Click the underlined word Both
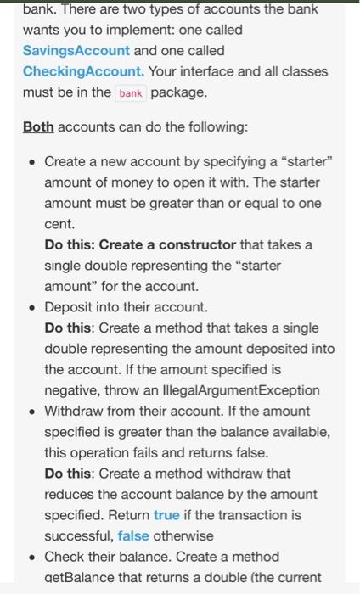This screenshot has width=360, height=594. click(38, 126)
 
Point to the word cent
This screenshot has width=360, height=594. click(58, 225)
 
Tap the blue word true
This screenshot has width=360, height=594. click(166, 515)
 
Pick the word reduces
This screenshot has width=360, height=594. click(68, 494)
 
